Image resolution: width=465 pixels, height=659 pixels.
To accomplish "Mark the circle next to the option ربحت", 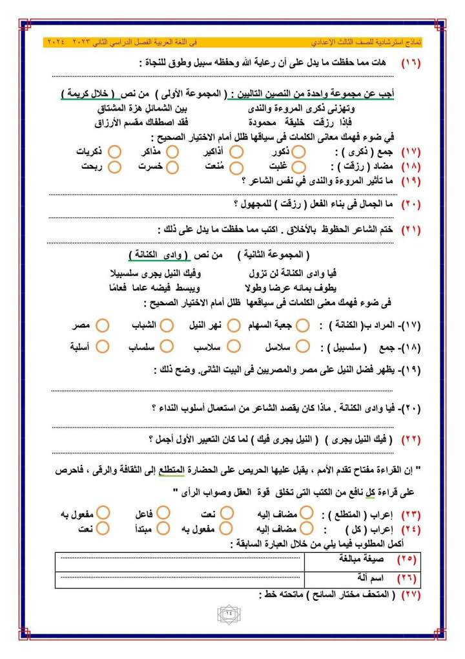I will (x=115, y=166).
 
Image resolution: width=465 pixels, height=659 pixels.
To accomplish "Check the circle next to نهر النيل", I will (x=236, y=325).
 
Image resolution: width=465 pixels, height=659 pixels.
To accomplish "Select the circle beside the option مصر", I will (x=101, y=325).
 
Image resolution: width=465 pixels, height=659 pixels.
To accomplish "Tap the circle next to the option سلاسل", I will (x=304, y=347).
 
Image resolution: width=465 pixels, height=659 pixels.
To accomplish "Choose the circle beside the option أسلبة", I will (x=101, y=347).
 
